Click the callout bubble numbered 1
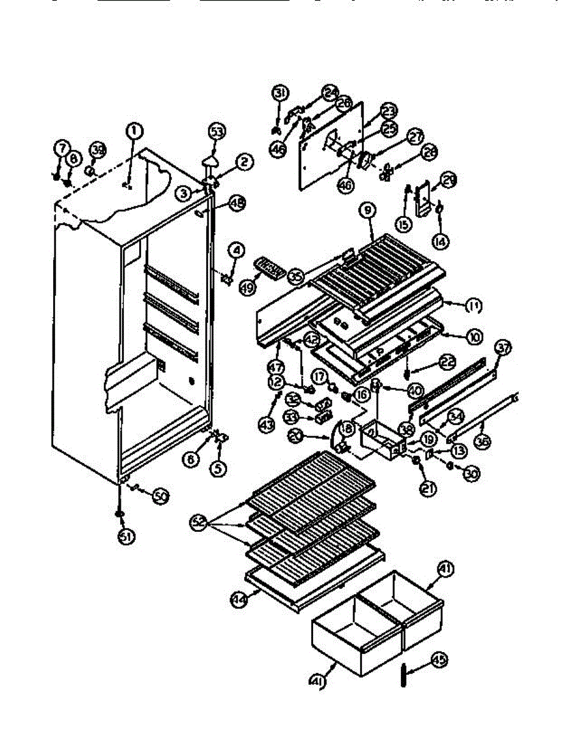point(134,130)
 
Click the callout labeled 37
point(502,349)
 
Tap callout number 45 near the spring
point(439,660)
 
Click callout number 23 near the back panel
point(388,111)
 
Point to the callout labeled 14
point(439,241)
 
